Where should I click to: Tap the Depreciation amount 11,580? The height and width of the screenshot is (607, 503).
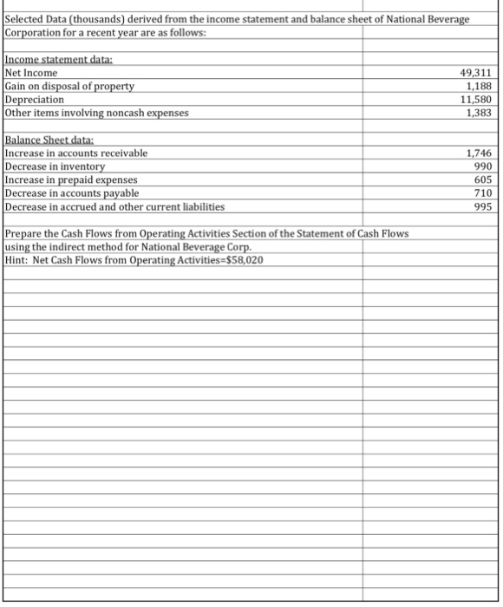tap(479, 99)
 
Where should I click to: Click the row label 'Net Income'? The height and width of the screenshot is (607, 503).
tap(32, 73)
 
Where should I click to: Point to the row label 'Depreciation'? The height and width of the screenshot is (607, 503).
tap(35, 99)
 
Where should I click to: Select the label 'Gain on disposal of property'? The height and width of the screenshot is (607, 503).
tap(70, 86)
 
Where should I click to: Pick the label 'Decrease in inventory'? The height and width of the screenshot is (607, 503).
tap(55, 166)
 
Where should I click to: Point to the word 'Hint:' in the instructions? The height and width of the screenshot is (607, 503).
tap(17, 260)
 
